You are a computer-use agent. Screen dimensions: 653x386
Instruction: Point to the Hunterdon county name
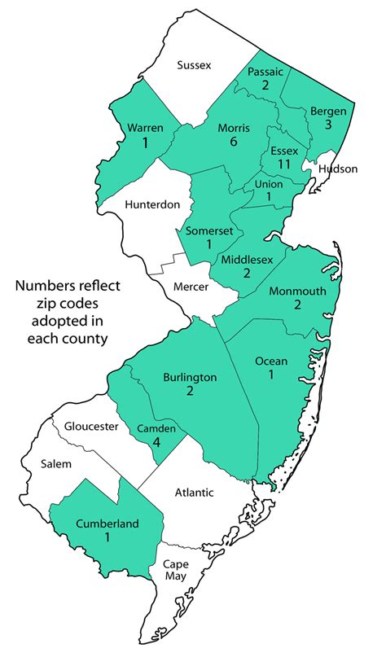pyautogui.click(x=152, y=204)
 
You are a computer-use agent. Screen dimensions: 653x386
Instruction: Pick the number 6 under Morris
pyautogui.click(x=233, y=142)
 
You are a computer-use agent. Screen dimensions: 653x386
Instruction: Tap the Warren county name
pyautogui.click(x=145, y=128)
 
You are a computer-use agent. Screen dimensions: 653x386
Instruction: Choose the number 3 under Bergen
pyautogui.click(x=328, y=125)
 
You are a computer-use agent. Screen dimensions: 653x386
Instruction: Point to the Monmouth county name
pyautogui.click(x=297, y=291)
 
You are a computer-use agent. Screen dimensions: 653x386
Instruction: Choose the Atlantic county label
pyautogui.click(x=193, y=492)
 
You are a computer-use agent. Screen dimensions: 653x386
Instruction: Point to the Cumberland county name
pyautogui.click(x=107, y=524)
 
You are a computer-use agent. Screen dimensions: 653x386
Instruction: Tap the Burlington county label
pyautogui.click(x=190, y=377)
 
